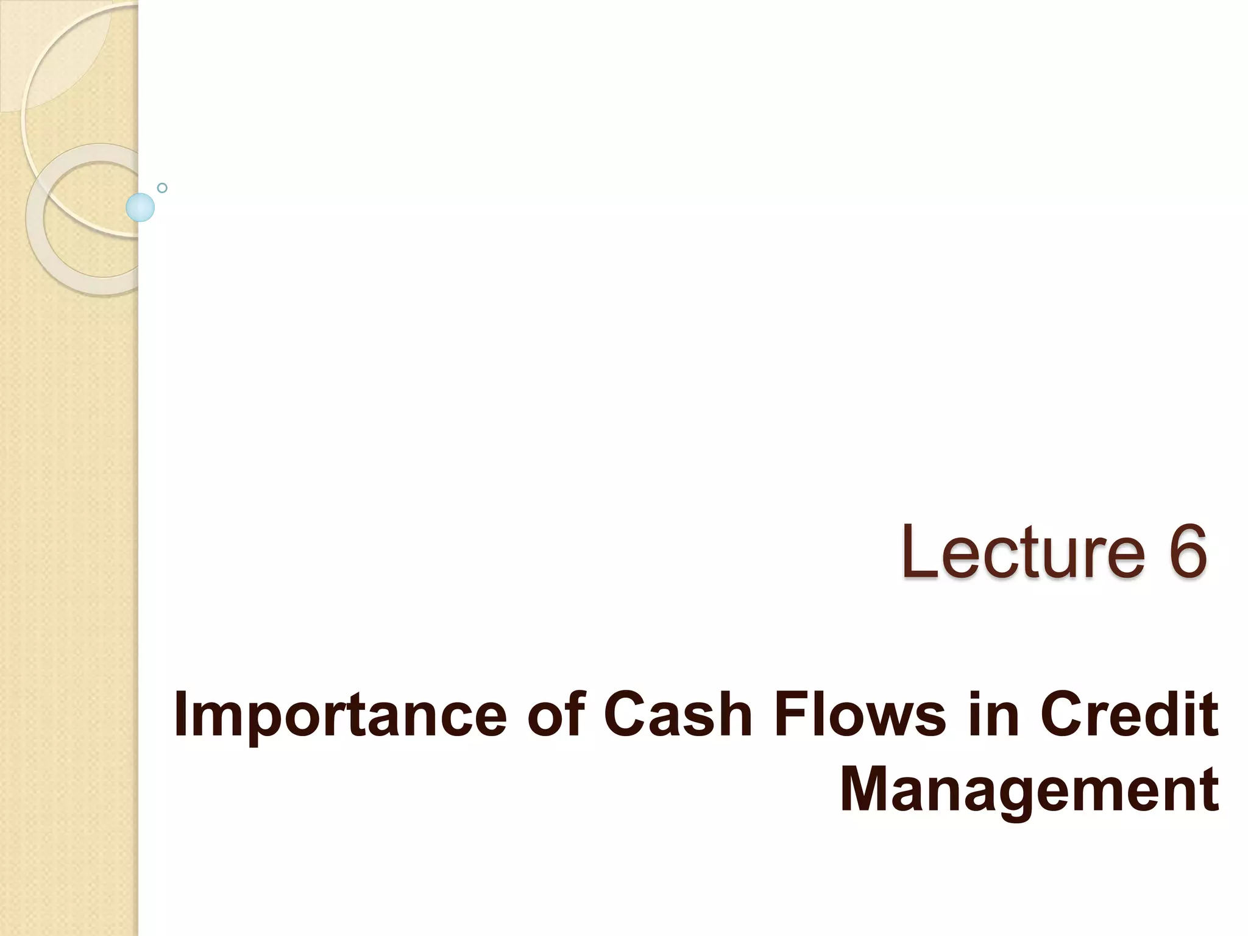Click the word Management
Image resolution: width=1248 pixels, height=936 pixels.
tap(1029, 791)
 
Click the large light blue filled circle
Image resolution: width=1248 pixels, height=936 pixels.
tap(140, 207)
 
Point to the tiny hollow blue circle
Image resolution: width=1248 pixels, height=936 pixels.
tap(162, 188)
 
